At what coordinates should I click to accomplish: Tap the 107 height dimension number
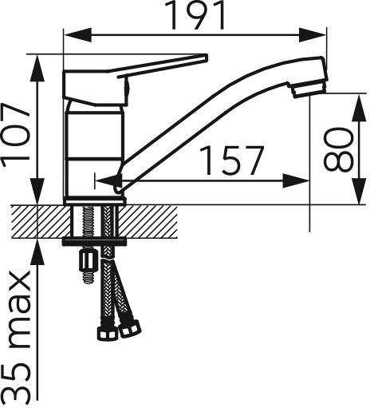(15, 135)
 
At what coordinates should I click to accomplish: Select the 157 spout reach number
(231, 160)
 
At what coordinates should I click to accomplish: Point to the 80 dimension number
(339, 149)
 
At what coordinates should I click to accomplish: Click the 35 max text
(18, 337)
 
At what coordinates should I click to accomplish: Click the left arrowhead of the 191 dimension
(78, 34)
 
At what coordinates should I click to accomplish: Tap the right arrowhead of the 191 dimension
(313, 34)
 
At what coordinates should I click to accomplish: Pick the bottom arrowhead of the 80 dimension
(360, 191)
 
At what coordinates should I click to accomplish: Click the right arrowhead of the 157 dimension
(296, 180)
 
